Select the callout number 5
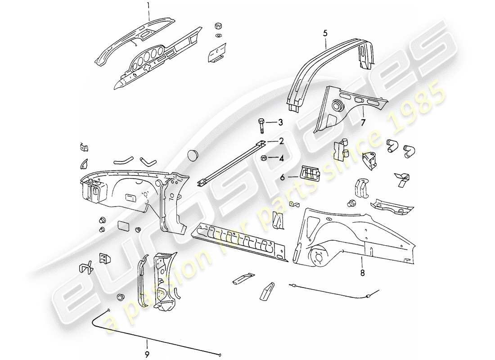click(x=325, y=32)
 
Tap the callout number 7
click(x=363, y=122)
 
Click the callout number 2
click(x=281, y=141)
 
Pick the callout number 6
click(x=283, y=177)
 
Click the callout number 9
click(x=147, y=355)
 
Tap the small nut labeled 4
click(x=265, y=158)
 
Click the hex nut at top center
click(x=218, y=25)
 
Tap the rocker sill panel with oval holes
click(x=238, y=242)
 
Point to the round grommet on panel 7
click(x=337, y=106)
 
